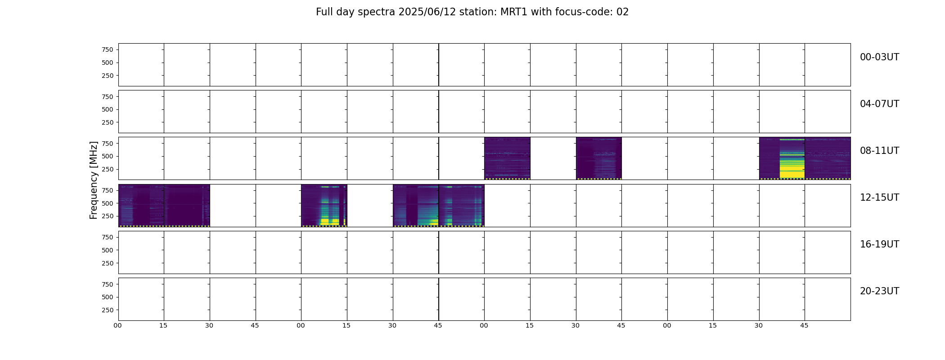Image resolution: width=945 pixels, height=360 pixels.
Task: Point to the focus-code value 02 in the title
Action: (622, 12)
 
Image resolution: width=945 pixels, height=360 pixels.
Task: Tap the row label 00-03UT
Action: (879, 57)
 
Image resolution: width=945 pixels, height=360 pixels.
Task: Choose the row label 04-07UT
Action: (879, 104)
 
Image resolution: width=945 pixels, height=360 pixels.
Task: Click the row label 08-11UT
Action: (879, 151)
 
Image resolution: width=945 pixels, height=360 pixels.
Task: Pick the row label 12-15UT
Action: (879, 198)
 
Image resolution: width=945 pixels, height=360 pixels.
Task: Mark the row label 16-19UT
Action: (879, 244)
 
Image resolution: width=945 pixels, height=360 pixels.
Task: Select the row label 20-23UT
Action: (879, 291)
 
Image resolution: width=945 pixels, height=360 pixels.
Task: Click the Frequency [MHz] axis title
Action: (94, 180)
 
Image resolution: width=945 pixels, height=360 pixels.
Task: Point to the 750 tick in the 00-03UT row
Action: (108, 49)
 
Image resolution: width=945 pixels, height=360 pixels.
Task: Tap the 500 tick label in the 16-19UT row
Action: (108, 250)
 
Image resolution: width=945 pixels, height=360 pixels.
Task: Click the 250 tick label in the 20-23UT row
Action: (108, 310)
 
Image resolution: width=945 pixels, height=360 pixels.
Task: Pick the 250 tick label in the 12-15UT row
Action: (108, 216)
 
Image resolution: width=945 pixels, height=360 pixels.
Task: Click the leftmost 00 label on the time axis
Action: (118, 325)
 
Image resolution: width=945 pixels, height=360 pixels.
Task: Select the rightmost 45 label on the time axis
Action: (804, 325)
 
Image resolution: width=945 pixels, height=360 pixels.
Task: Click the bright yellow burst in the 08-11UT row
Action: (792, 158)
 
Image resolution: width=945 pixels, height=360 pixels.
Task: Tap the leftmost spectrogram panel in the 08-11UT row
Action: (507, 158)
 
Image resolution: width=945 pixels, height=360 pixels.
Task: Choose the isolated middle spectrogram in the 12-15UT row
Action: (324, 205)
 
